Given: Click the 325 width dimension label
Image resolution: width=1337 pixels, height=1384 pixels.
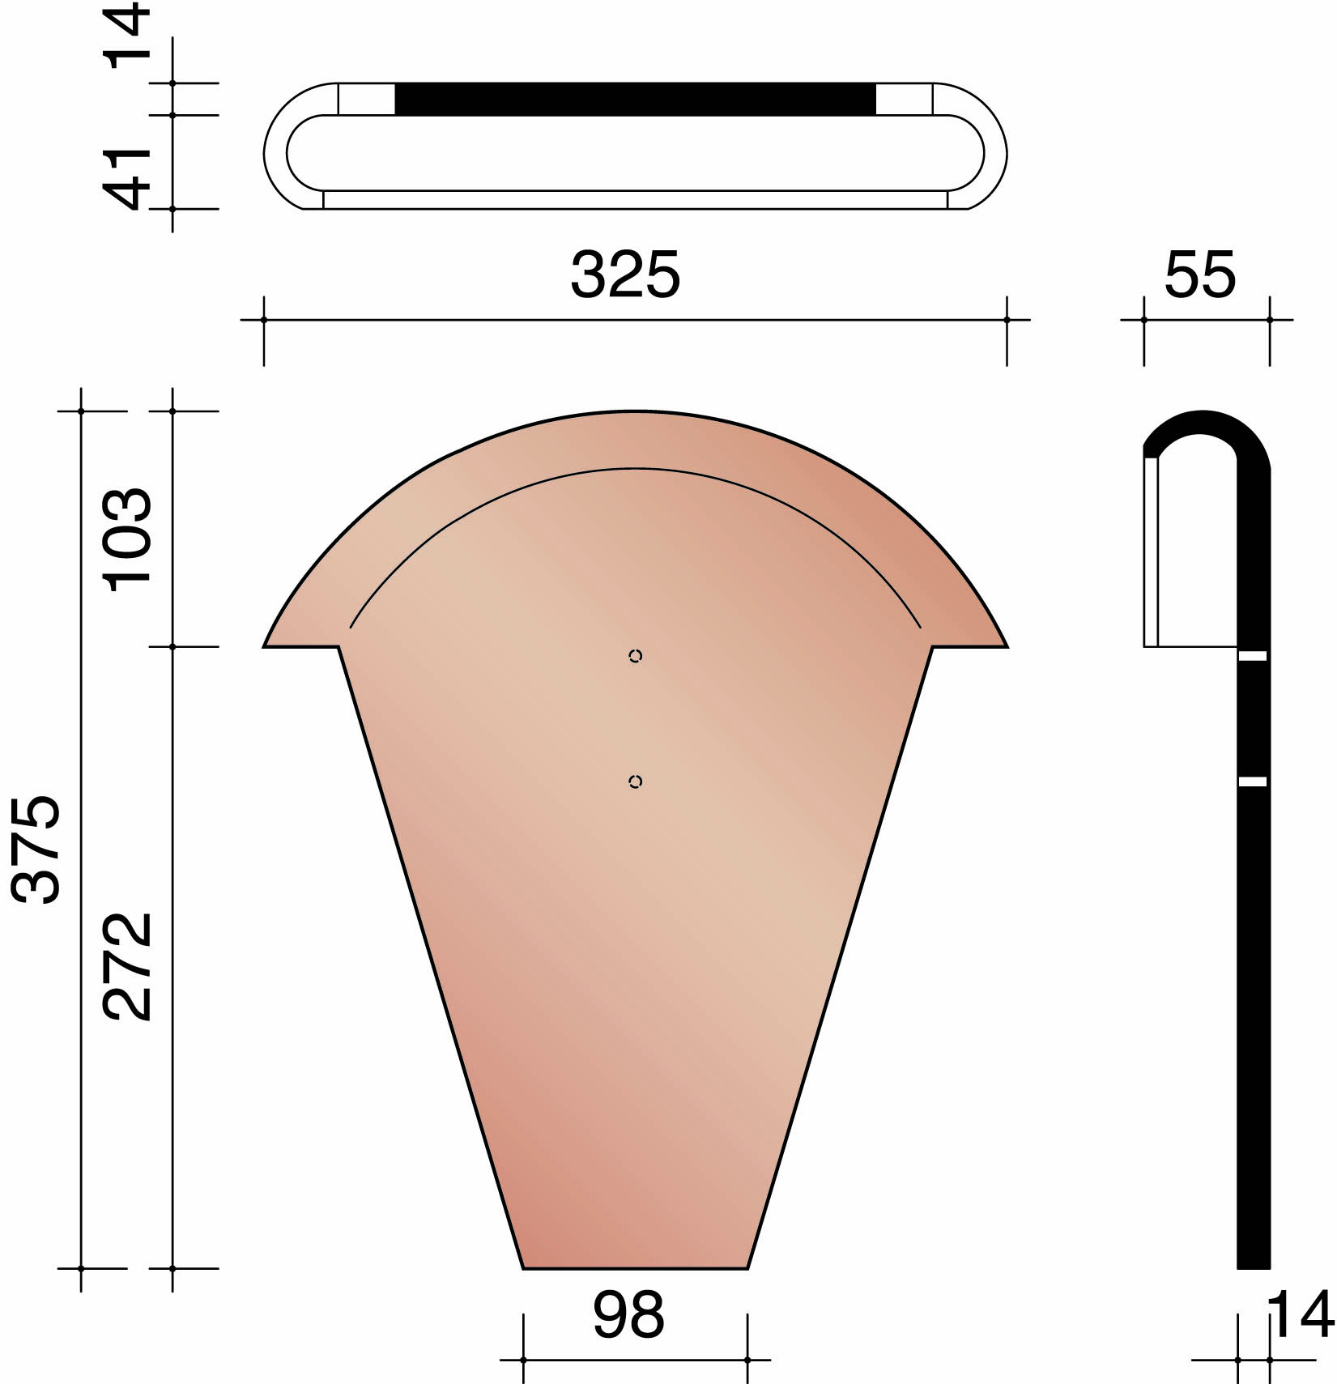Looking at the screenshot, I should pos(625,275).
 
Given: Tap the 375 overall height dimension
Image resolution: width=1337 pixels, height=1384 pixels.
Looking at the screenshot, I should pos(36,849).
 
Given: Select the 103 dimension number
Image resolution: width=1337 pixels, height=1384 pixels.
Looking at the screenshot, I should pos(127,540).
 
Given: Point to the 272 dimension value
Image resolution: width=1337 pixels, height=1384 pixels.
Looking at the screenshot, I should pos(127,966).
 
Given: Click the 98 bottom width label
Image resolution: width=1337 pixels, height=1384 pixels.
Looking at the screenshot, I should pos(628,1314).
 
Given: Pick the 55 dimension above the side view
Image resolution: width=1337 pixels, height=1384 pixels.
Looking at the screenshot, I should pos(1200,275).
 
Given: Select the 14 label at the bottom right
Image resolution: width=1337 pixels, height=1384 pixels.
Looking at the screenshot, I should pos(1301,1315).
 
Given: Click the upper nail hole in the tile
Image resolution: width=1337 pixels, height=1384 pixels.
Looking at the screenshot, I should pos(636,656).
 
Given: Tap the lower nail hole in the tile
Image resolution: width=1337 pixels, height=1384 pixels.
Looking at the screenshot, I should pos(636,781).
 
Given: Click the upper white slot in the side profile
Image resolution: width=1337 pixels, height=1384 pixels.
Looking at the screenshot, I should pos(1253,656).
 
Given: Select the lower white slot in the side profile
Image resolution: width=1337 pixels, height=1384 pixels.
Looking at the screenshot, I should pos(1253,781).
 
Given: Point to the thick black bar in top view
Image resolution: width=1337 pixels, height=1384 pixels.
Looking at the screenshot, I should pos(635,99).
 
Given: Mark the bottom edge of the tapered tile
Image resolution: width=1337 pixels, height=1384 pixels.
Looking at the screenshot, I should pos(635,1267).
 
